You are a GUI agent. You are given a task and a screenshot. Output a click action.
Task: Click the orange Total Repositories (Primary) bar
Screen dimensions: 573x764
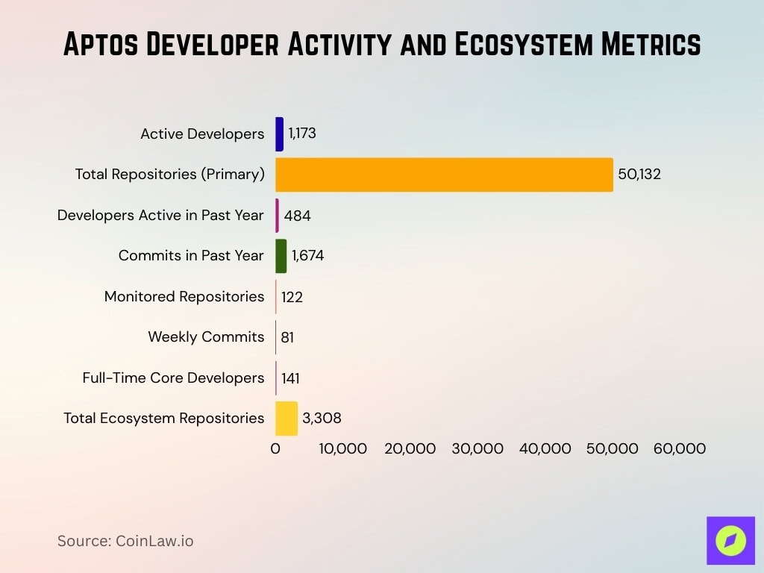(x=444, y=175)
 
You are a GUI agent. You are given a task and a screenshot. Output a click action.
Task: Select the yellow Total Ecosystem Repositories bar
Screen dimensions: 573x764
(x=286, y=419)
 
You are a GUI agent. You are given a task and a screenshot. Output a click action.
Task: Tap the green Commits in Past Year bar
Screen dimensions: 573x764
(x=281, y=256)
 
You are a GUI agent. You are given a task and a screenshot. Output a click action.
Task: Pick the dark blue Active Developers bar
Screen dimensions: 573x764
(x=279, y=134)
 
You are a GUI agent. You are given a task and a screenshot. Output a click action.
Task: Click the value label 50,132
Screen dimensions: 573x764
(x=639, y=175)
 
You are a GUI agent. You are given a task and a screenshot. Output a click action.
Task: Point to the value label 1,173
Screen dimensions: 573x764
(x=302, y=134)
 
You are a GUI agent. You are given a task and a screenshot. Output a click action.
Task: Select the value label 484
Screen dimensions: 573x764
(x=297, y=216)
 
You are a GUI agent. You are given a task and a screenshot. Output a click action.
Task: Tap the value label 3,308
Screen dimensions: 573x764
(x=322, y=419)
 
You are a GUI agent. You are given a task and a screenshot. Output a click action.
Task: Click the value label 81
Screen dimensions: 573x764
(x=287, y=337)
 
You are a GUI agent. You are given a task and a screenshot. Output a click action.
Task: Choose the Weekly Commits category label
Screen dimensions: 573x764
(x=206, y=337)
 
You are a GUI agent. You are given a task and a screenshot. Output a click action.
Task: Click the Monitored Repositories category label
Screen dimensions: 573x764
(x=184, y=297)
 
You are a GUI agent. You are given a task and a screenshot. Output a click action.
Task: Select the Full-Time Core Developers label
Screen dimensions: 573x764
(x=173, y=378)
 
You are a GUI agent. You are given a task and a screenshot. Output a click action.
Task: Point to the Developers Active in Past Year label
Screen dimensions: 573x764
(x=160, y=216)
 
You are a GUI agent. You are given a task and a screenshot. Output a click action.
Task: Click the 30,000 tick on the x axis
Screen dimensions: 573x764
(x=477, y=449)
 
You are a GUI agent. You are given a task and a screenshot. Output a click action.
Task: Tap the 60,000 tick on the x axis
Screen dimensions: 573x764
(x=679, y=449)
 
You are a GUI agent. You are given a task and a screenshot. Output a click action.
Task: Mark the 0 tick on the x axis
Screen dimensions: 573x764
(x=275, y=449)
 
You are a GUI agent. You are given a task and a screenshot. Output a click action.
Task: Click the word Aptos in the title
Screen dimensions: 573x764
(x=100, y=46)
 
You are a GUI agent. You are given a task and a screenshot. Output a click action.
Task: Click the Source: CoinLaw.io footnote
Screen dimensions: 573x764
(x=125, y=541)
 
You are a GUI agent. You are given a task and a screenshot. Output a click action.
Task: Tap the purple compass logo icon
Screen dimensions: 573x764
(x=730, y=540)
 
